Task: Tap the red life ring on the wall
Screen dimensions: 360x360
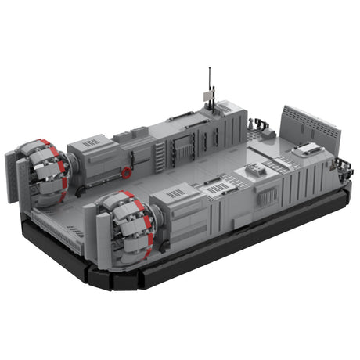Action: (127, 171)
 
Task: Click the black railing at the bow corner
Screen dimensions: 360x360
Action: (343, 167)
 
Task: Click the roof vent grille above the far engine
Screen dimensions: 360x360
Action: (92, 142)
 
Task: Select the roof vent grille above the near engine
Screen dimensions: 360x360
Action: (176, 193)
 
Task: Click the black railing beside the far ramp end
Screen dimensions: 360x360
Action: (258, 123)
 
